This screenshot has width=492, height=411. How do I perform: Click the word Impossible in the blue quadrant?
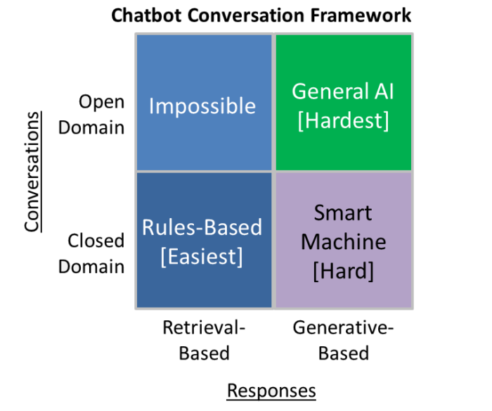pyautogui.click(x=202, y=106)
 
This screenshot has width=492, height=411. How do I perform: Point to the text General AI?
pyautogui.click(x=343, y=91)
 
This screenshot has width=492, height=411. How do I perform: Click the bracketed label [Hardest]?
pyautogui.click(x=343, y=120)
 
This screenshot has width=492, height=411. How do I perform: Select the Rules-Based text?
pyautogui.click(x=202, y=227)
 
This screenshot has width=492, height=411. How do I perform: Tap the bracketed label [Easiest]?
pyautogui.click(x=202, y=256)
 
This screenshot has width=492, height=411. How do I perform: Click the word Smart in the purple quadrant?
pyautogui.click(x=343, y=213)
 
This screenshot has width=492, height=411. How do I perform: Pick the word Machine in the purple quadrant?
pyautogui.click(x=343, y=241)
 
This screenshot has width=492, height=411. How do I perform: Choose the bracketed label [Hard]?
pyautogui.click(x=343, y=270)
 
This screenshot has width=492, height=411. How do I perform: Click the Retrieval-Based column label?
pyautogui.click(x=204, y=340)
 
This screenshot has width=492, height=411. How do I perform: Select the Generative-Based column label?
pyautogui.click(x=343, y=340)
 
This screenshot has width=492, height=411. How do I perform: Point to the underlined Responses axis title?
pyautogui.click(x=271, y=391)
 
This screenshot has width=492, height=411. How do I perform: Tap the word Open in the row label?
pyautogui.click(x=101, y=101)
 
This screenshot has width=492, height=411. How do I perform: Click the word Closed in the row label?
pyautogui.click(x=96, y=241)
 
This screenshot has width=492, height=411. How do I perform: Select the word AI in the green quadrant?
pyautogui.click(x=380, y=91)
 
